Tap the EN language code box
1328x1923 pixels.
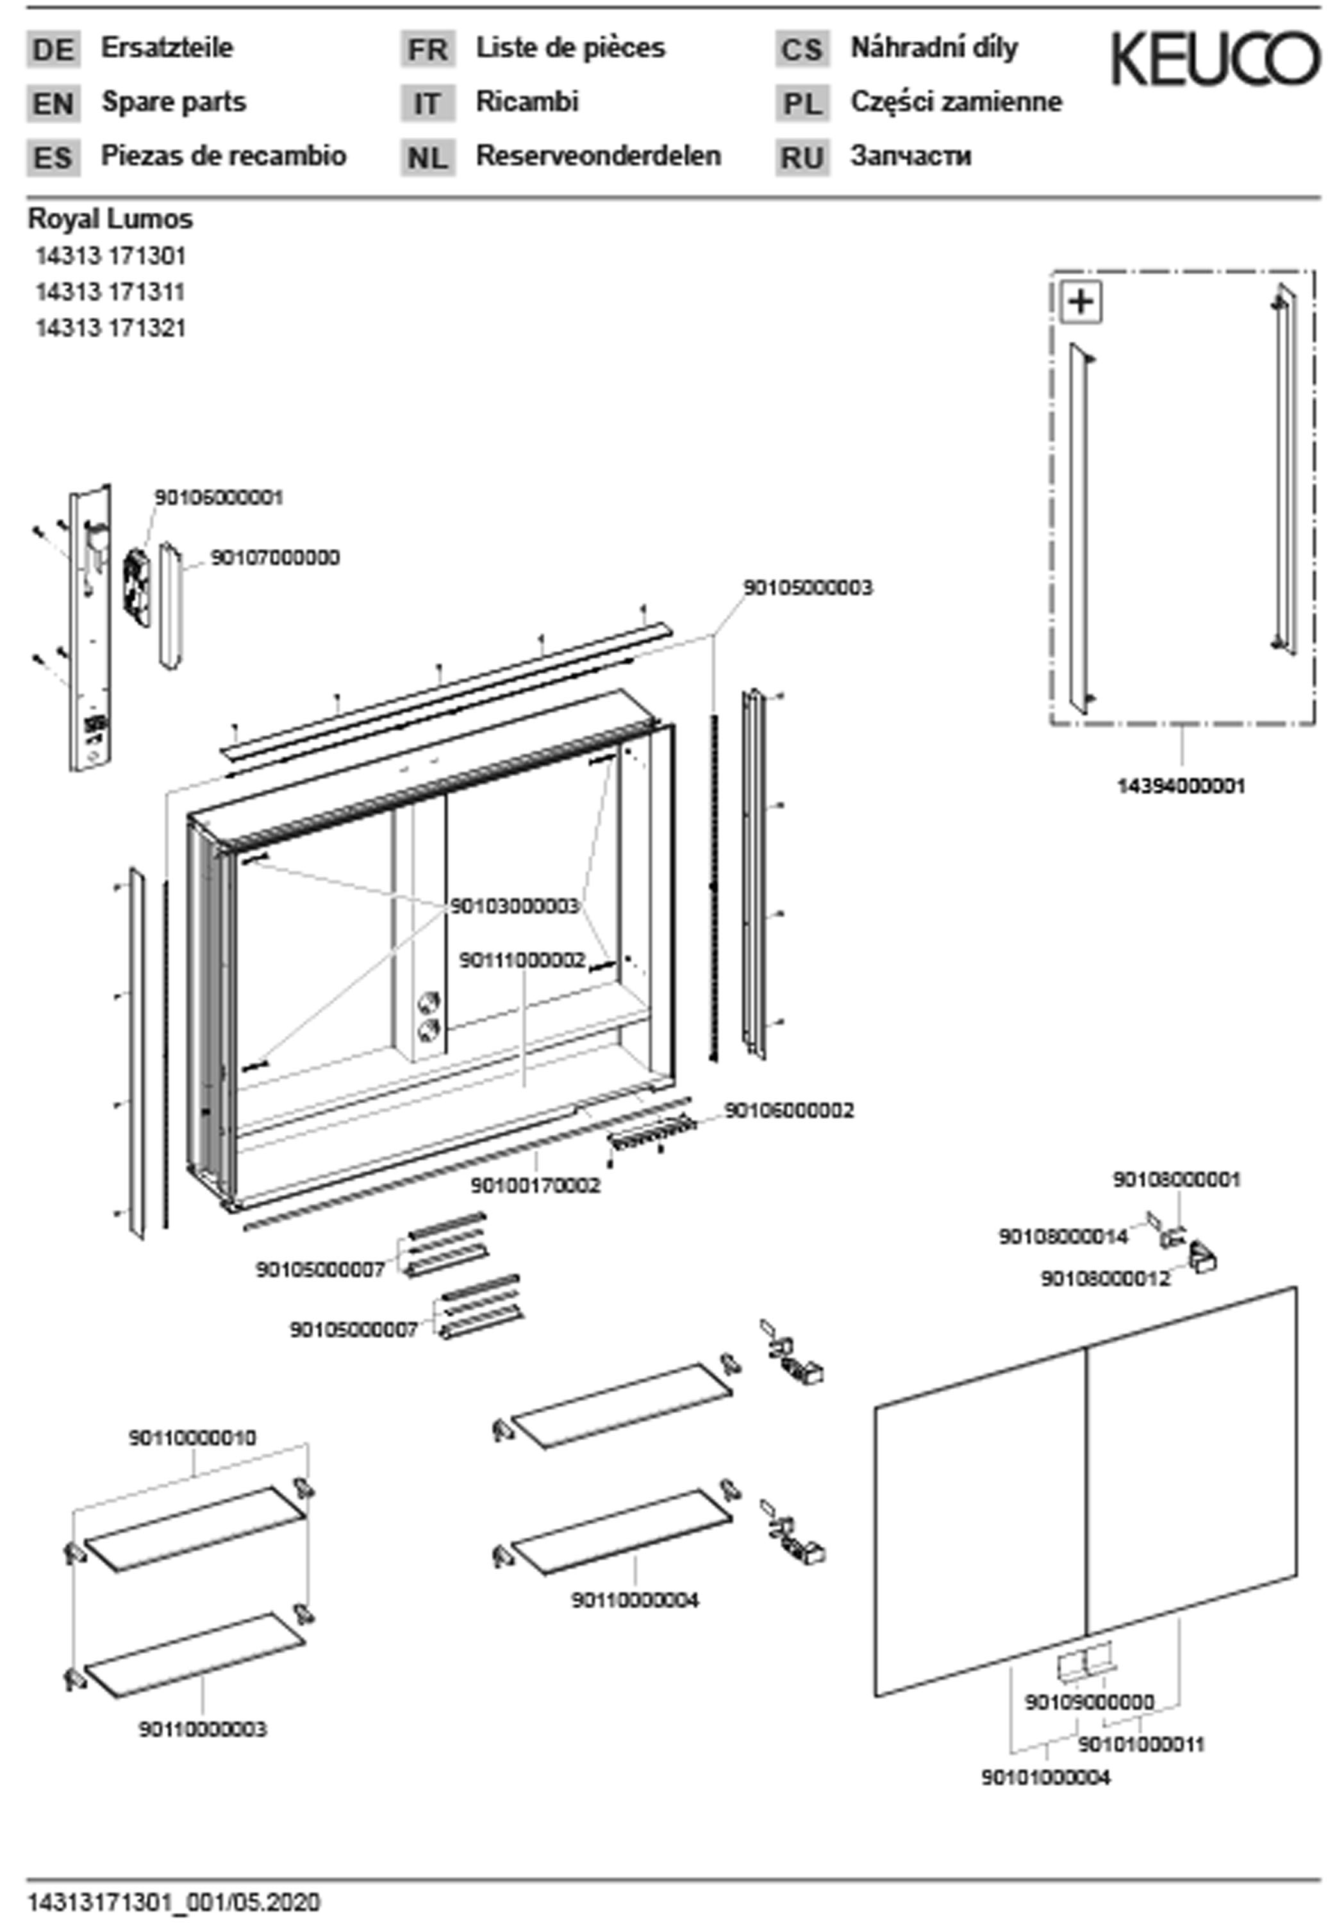coord(53,104)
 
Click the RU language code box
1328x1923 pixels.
coord(802,157)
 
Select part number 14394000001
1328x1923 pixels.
coord(1181,785)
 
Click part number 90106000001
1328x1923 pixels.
coord(219,497)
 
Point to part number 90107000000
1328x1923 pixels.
coord(274,558)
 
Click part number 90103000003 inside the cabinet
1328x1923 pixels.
coord(514,905)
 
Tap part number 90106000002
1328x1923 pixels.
coord(789,1111)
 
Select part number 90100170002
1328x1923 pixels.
coord(535,1185)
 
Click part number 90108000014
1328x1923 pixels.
coord(1063,1236)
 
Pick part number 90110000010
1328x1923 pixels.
coord(192,1437)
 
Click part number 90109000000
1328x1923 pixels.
coord(1089,1702)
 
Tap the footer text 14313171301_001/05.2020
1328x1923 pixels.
coord(174,1902)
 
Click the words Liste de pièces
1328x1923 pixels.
coord(571,48)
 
